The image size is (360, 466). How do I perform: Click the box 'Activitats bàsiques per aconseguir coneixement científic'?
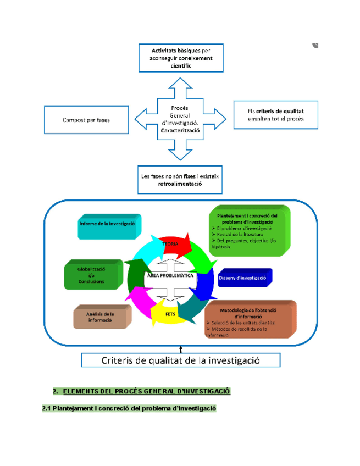pyautogui.click(x=181, y=58)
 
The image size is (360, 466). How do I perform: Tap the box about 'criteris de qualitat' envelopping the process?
pyautogui.click(x=275, y=115)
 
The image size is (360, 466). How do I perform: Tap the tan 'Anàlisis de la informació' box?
pyautogui.click(x=101, y=317)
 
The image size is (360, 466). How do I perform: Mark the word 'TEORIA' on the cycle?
pyautogui.click(x=170, y=243)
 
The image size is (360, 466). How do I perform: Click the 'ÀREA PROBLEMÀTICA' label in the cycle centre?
pyautogui.click(x=170, y=276)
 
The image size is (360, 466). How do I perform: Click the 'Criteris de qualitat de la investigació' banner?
pyautogui.click(x=181, y=360)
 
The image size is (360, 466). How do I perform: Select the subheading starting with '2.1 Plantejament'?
pyautogui.click(x=129, y=409)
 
